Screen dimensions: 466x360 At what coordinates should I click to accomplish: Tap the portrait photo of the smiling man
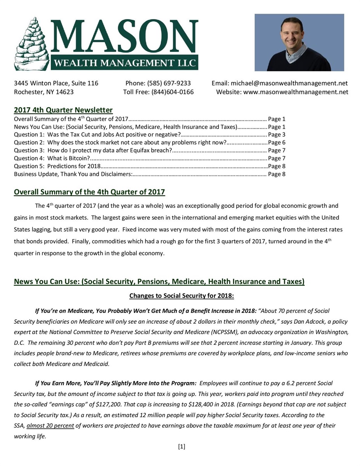[x=299, y=42]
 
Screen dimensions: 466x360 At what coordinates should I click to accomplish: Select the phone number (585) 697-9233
[x=169, y=83]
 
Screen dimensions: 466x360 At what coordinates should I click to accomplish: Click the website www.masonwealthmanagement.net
[x=296, y=92]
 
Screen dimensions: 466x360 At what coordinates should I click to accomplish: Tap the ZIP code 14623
[x=65, y=92]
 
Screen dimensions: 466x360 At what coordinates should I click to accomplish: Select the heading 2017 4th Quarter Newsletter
[x=63, y=110]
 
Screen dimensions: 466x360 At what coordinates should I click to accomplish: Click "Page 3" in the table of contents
[x=277, y=134]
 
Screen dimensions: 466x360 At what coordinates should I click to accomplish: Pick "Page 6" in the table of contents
[x=277, y=142]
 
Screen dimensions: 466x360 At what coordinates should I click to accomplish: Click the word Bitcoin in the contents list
[x=79, y=158]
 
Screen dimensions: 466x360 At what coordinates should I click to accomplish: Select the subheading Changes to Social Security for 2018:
[x=182, y=296]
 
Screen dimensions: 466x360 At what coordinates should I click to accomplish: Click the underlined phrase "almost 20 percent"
[x=50, y=426]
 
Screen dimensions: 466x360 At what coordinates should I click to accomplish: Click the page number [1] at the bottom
[x=181, y=447]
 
